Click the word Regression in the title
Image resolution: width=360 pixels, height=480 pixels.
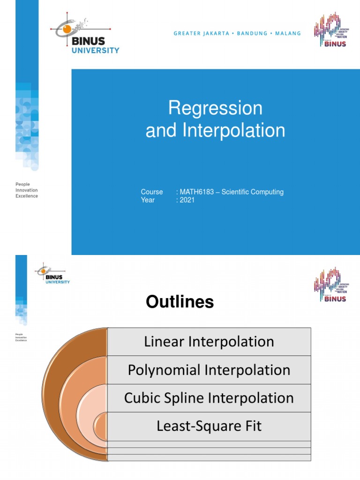[215, 109]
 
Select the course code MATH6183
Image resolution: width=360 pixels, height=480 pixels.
[196, 192]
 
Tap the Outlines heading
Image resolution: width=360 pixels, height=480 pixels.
[180, 302]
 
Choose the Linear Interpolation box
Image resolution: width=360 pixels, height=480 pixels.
[209, 342]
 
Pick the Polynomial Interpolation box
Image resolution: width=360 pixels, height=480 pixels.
[209, 370]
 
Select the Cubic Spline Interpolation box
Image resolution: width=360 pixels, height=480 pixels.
[209, 398]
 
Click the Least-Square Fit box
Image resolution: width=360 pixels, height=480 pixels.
[209, 426]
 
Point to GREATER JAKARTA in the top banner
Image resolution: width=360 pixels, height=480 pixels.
[201, 33]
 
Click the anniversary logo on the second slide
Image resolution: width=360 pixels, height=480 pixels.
[330, 285]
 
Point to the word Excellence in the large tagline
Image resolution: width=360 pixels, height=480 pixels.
[27, 196]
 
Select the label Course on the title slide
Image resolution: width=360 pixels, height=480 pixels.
[152, 192]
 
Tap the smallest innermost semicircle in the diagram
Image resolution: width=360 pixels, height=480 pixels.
[101, 427]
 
